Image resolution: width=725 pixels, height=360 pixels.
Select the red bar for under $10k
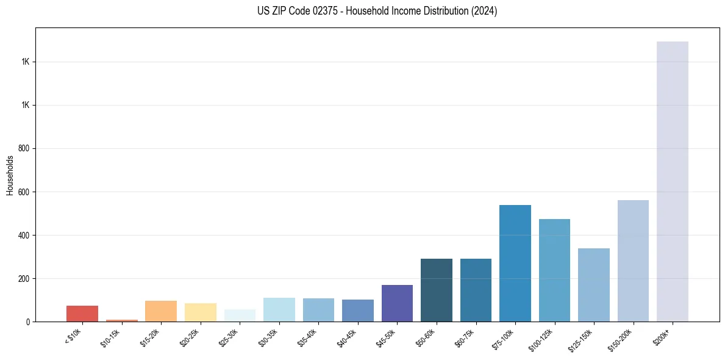tap(82, 314)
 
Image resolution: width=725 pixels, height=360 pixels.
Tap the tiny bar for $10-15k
tap(121, 320)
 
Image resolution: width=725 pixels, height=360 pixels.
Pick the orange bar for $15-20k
tap(161, 311)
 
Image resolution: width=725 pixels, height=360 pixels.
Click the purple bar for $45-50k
tap(397, 303)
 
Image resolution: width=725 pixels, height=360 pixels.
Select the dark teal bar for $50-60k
tap(437, 290)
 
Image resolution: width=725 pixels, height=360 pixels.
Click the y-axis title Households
tap(10, 175)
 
